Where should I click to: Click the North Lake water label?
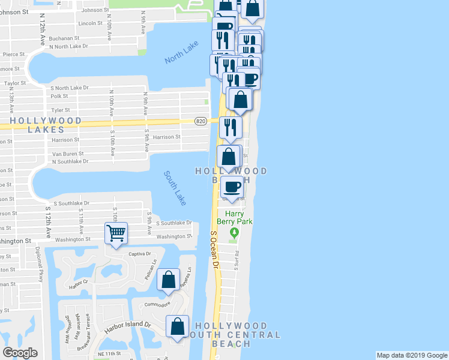coord(181,57)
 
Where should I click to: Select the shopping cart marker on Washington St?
coord(116,233)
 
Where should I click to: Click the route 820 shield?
coord(202,121)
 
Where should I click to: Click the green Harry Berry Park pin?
coord(236,232)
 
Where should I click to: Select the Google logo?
coord(20,352)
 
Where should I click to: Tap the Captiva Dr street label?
coord(139,253)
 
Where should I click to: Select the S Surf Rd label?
coord(237,259)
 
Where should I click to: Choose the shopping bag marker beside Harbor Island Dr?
coord(177,327)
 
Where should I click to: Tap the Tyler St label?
coord(61,110)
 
